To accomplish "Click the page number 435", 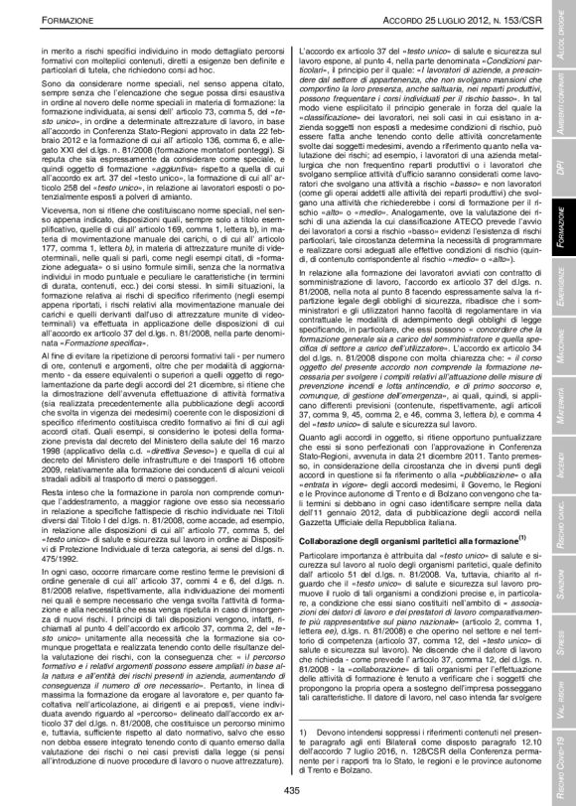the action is (289, 789).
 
